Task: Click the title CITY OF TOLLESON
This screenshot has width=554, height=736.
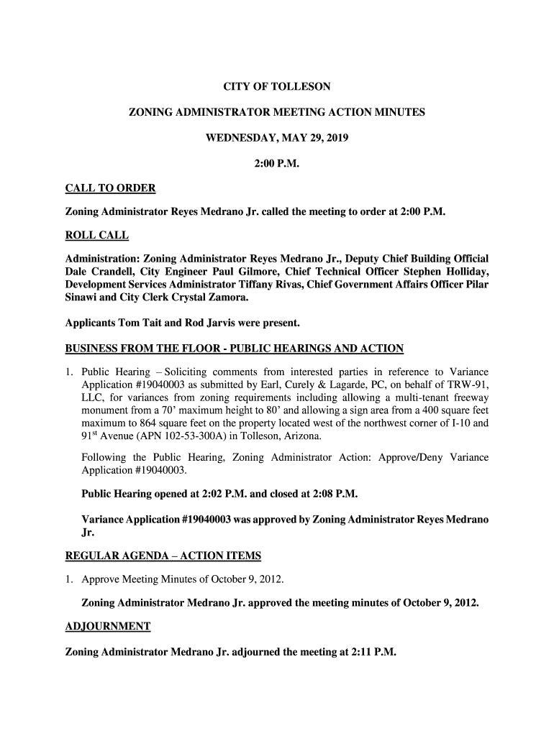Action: [277, 87]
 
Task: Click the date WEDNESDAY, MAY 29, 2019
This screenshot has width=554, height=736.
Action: [277, 138]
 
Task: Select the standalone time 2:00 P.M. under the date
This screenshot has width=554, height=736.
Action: [277, 164]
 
